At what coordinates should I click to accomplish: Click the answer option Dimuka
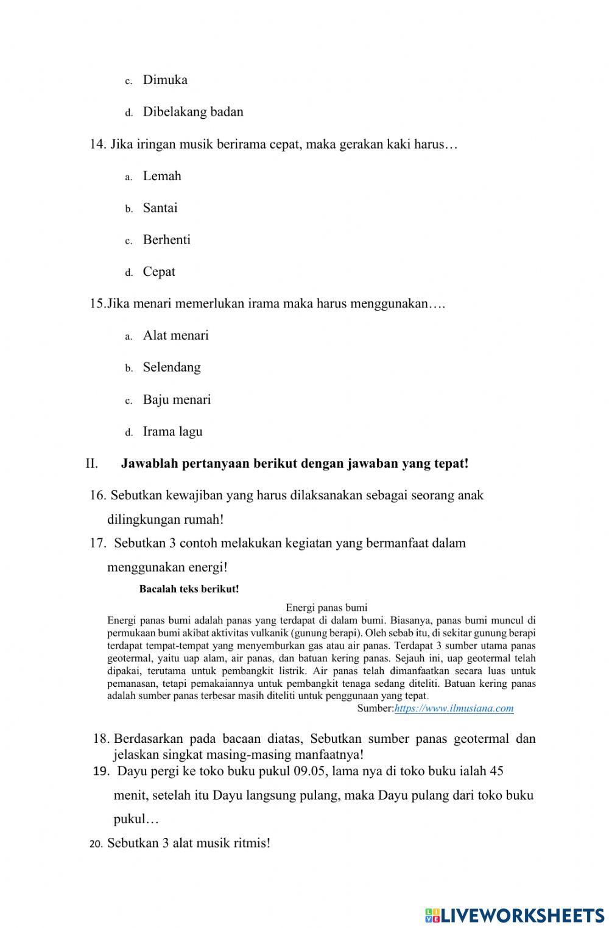(164, 80)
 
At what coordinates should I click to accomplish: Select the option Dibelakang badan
(192, 112)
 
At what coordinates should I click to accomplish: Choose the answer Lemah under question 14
(161, 176)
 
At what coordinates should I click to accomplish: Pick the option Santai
(160, 208)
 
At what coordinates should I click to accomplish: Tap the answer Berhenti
(166, 240)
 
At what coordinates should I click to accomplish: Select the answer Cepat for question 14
(158, 272)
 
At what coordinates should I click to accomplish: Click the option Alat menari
(175, 336)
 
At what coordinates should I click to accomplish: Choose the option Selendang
(171, 367)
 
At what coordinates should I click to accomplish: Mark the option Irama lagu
(172, 432)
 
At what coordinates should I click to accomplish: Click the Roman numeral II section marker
(92, 463)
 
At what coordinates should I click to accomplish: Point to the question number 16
(97, 495)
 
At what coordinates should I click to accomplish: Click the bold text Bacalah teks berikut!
(189, 589)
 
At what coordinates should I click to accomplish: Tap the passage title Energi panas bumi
(326, 607)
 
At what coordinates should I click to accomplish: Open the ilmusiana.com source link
(454, 708)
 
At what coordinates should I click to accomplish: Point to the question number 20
(96, 844)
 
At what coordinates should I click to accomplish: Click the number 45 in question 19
(496, 771)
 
